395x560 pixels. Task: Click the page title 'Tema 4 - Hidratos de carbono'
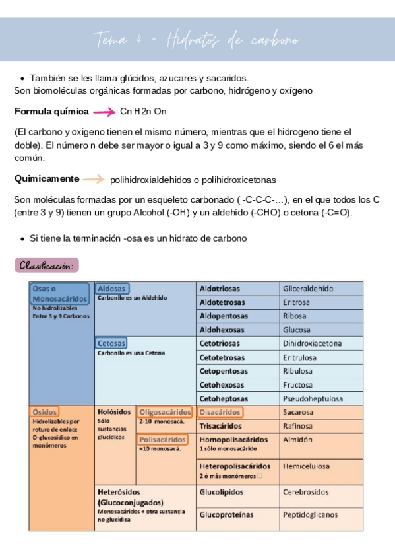pos(197,40)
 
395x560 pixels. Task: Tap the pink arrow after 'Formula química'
pos(104,111)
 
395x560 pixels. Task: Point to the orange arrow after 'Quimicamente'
pos(93,179)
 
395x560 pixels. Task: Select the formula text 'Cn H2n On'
pos(143,111)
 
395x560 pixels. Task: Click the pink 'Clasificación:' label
pos(46,265)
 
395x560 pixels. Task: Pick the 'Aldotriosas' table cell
pos(220,289)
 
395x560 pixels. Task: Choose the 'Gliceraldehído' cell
pos(308,289)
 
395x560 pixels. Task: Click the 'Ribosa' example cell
pos(294,316)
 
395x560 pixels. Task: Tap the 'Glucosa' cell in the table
pos(296,330)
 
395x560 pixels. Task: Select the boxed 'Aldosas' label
pos(112,289)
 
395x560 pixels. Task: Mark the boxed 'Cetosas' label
pos(111,343)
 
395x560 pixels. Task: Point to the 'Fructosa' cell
pos(297,385)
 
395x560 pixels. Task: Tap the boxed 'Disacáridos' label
pos(220,412)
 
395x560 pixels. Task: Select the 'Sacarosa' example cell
pos(298,412)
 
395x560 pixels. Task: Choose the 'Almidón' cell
pos(297,439)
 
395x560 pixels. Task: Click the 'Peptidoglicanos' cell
pos(310,514)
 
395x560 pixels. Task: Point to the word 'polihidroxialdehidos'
pos(151,180)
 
